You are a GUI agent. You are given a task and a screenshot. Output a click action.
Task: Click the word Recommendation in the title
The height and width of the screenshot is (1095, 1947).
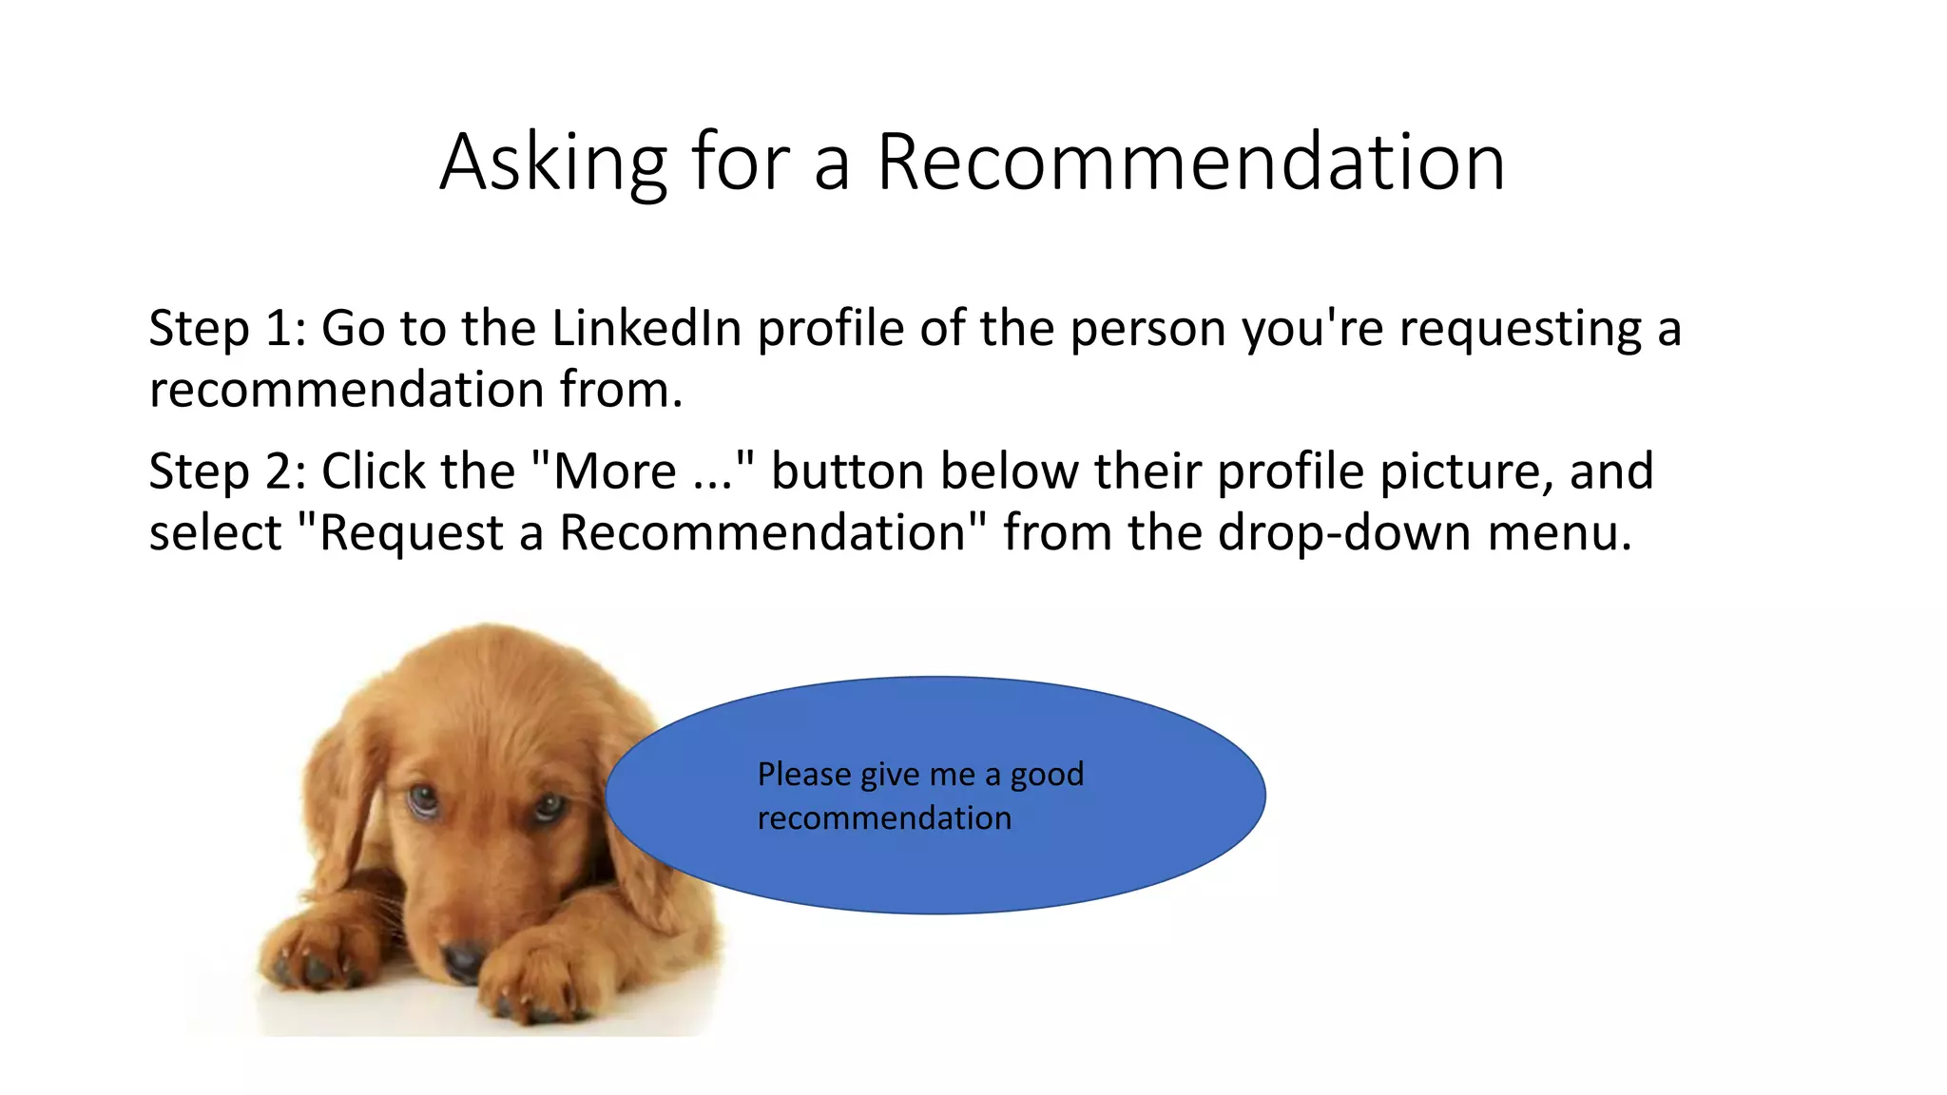tap(1190, 163)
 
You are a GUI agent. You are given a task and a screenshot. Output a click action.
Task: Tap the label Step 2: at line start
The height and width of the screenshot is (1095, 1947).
tap(227, 473)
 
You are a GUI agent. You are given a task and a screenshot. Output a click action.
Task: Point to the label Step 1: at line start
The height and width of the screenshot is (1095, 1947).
tap(227, 331)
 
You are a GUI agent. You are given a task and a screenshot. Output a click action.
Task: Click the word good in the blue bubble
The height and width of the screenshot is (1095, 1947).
tap(1047, 776)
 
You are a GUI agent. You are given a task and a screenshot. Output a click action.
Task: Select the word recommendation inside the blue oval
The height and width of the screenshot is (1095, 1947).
tap(884, 818)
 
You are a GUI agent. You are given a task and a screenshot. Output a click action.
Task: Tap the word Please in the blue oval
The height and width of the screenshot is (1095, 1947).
tap(804, 776)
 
